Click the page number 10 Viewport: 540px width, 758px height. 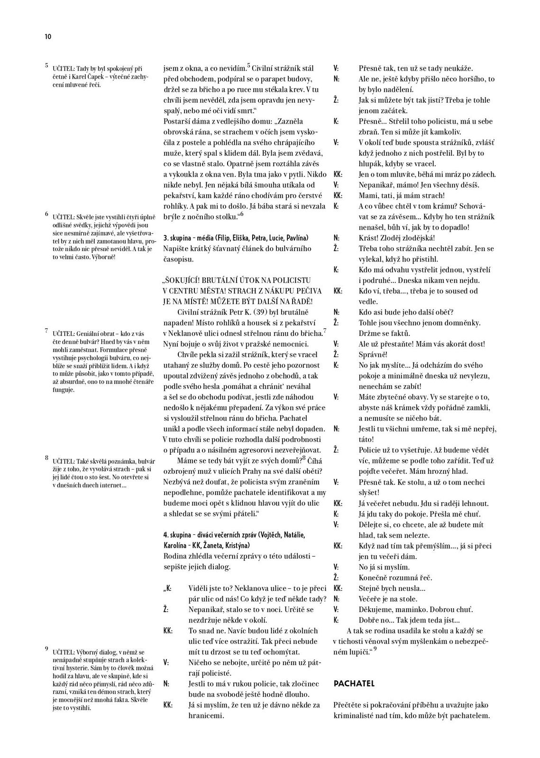[48, 37]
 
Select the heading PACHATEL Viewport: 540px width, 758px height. [354, 683]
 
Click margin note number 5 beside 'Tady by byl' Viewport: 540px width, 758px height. [46, 65]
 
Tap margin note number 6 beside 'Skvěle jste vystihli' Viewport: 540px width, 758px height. [46, 214]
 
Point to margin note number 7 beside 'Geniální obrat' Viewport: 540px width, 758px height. [46, 330]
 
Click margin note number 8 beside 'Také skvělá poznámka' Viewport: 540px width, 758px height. [46, 458]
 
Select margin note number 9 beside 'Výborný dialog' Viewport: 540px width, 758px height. [46, 649]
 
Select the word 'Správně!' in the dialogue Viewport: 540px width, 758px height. [373, 354]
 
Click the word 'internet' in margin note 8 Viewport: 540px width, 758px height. [112, 485]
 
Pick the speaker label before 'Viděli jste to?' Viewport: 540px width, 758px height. [167, 588]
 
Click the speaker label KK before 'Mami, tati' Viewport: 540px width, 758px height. [338, 195]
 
